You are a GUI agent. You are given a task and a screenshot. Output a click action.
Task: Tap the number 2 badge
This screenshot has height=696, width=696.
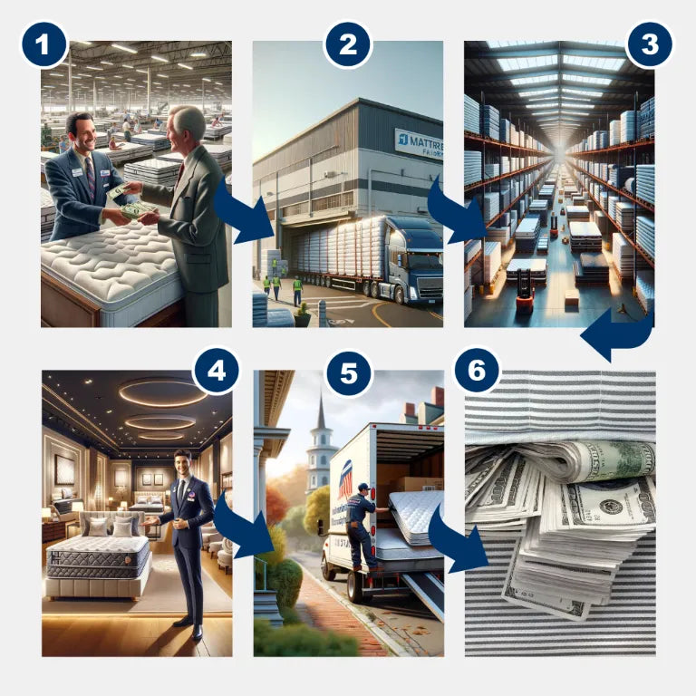(348, 43)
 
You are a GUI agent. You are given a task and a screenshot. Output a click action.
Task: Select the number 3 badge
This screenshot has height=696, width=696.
(649, 43)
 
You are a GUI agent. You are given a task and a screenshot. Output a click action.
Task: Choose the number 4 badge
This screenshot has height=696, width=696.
(216, 372)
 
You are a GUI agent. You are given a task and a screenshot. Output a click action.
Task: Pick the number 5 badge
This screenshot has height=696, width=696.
(349, 372)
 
